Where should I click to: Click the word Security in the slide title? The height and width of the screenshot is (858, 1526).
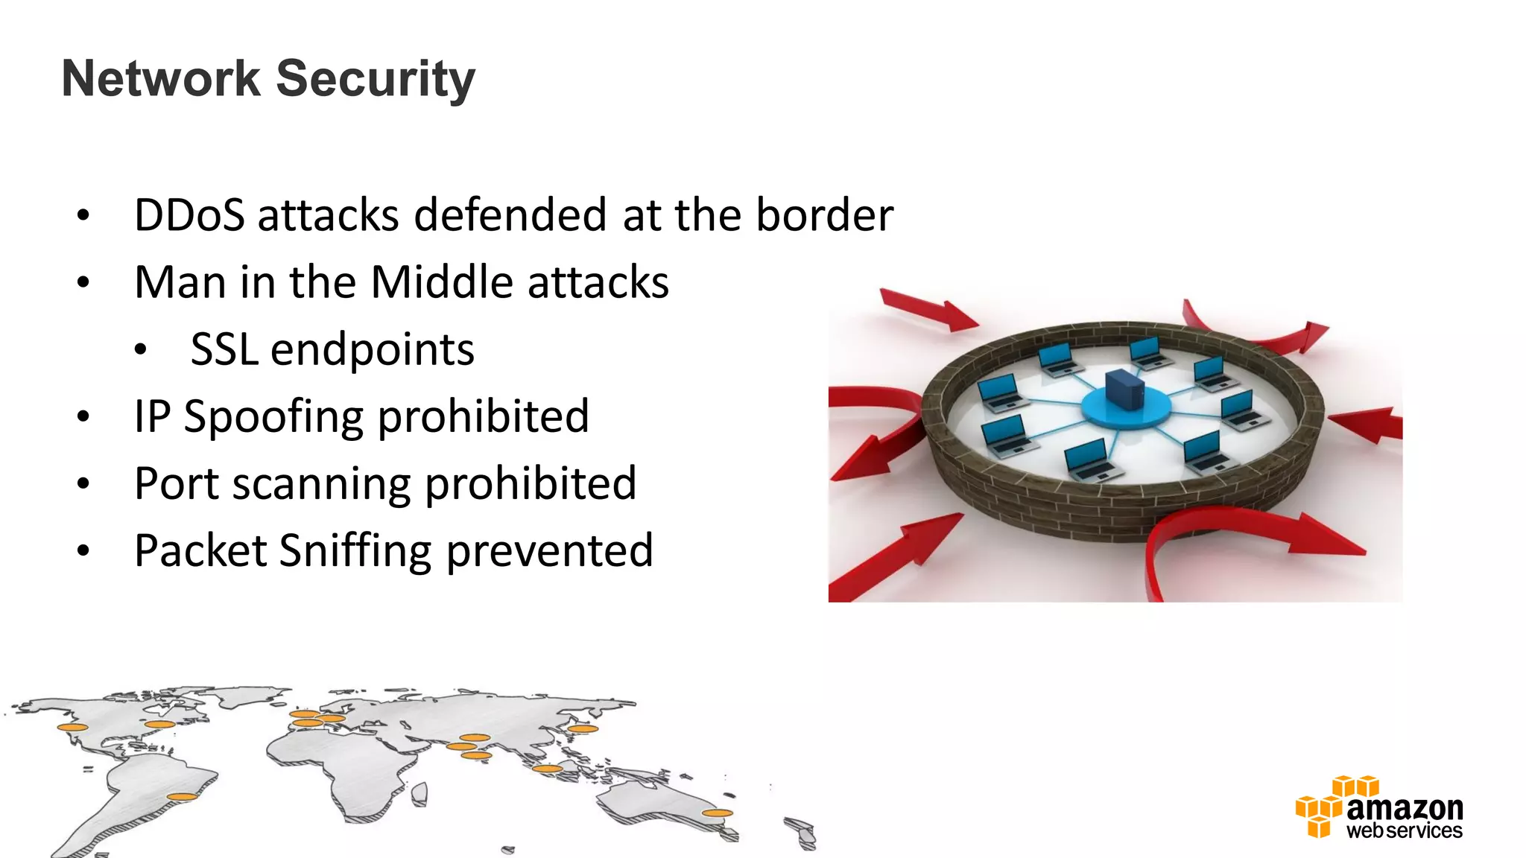pyautogui.click(x=376, y=79)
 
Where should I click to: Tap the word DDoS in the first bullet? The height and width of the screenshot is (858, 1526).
pyautogui.click(x=189, y=215)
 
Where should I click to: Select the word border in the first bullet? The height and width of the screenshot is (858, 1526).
pyautogui.click(x=824, y=215)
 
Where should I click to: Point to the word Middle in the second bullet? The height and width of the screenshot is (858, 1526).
pyautogui.click(x=442, y=282)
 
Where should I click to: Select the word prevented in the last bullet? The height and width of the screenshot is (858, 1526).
pyautogui.click(x=550, y=552)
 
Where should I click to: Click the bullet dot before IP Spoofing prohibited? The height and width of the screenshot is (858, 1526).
pyautogui.click(x=83, y=417)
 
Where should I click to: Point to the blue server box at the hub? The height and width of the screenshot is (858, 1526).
pyautogui.click(x=1124, y=389)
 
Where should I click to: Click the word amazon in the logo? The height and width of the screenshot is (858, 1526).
pyautogui.click(x=1405, y=807)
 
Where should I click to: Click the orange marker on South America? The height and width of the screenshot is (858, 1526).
pyautogui.click(x=181, y=797)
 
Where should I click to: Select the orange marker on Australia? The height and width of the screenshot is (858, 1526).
pyautogui.click(x=717, y=813)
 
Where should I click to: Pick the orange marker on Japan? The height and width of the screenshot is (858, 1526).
pyautogui.click(x=583, y=728)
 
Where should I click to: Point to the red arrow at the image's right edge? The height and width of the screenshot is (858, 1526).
pyautogui.click(x=1367, y=425)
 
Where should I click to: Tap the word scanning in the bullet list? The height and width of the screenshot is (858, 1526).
pyautogui.click(x=321, y=484)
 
